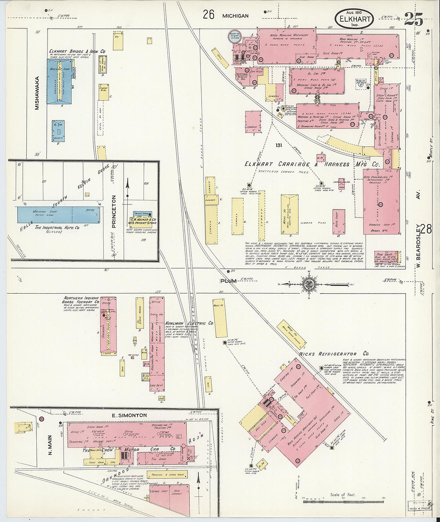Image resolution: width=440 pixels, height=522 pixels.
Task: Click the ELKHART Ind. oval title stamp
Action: (354, 19)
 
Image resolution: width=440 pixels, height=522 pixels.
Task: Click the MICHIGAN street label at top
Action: (236, 16)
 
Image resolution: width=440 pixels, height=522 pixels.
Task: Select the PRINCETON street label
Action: (114, 211)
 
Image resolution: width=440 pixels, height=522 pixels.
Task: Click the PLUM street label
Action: (228, 281)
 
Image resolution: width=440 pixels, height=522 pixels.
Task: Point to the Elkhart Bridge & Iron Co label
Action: (77, 51)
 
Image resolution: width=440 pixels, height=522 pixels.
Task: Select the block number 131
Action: (278, 145)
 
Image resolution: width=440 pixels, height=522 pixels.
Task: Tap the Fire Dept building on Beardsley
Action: (386, 256)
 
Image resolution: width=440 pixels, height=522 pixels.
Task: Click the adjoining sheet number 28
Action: (426, 229)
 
